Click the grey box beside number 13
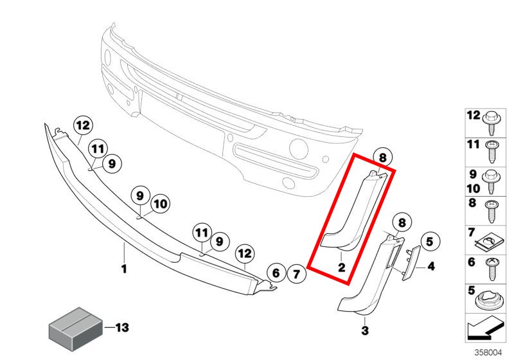pos(75,329)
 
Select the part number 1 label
pos(124,269)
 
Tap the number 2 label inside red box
pos(342,267)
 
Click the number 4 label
pos(431,266)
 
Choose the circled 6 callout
pos(276,273)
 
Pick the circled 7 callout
pos(296,274)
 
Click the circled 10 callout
pos(160,204)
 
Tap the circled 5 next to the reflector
pos(429,242)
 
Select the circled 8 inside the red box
pos(382,158)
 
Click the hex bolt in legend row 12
pos(492,123)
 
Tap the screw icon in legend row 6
pos(492,269)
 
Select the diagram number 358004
pos(488,352)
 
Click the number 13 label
pos(121,327)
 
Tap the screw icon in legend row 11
pos(492,152)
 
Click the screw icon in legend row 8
pos(492,211)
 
